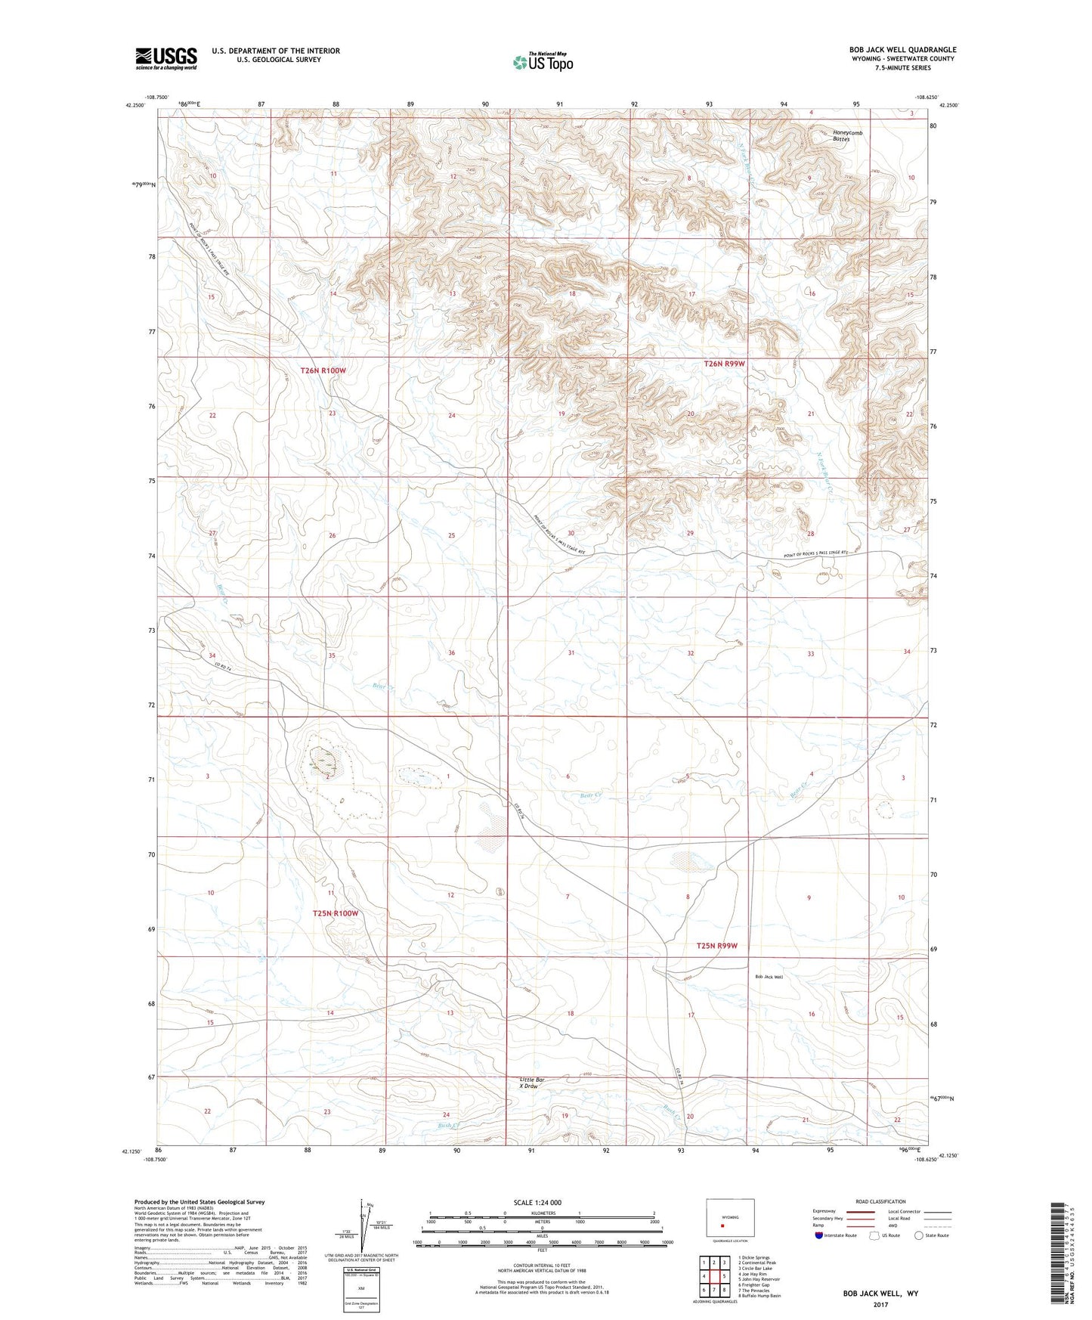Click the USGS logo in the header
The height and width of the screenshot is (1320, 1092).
click(166, 58)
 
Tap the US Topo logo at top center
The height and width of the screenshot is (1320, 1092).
click(543, 61)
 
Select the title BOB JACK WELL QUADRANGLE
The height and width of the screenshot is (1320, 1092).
click(902, 50)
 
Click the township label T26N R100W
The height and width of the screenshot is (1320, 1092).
click(323, 371)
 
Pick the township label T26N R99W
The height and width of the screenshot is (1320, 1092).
click(724, 364)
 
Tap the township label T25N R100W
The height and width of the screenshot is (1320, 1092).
click(335, 913)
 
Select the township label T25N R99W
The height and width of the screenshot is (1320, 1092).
click(716, 946)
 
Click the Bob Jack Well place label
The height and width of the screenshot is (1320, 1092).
click(769, 977)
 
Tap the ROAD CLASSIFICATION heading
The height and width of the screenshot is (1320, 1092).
click(881, 1201)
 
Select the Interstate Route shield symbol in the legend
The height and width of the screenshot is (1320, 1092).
click(819, 1235)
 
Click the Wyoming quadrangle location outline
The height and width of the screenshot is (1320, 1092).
click(729, 1218)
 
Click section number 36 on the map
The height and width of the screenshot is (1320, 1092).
click(451, 652)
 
